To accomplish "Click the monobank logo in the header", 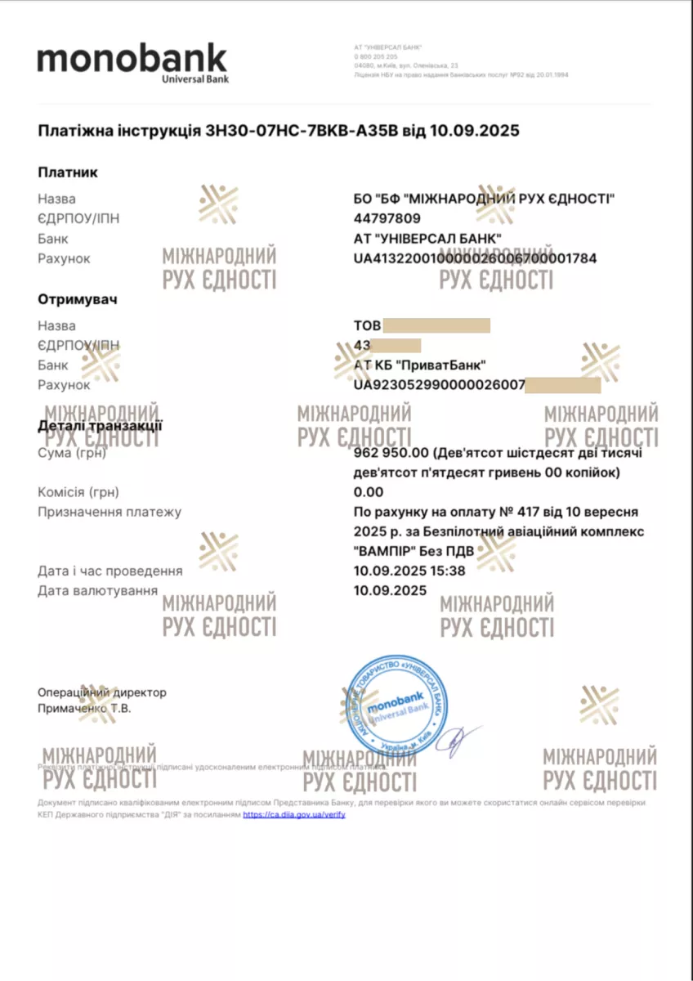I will point(132,63).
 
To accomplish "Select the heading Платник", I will point(68,172).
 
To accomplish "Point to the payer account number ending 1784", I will point(475,258).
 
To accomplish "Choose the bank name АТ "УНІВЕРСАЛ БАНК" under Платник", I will point(427,239).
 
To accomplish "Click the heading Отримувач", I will point(78,299).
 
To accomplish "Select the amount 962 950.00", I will point(391,453).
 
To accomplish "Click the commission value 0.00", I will point(368,492).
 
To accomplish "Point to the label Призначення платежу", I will point(110,512).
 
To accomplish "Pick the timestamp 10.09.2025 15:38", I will point(409,571).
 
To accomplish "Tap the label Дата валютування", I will point(97,590).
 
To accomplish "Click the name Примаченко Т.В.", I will point(84,709).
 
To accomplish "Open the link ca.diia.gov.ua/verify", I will point(293,815).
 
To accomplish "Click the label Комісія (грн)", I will point(78,492).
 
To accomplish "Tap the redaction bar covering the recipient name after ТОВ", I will point(436,325).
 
